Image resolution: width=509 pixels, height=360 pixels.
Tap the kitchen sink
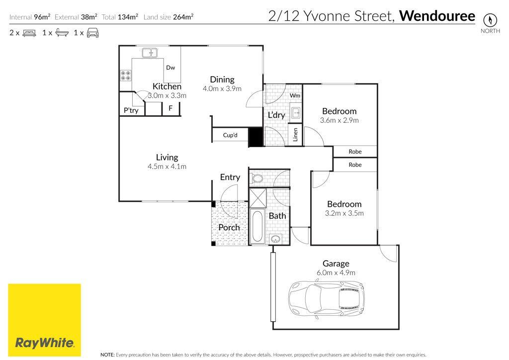coord(149,52)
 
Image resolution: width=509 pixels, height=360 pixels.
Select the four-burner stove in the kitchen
coord(126,76)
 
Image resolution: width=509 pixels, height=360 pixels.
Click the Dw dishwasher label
coord(170,68)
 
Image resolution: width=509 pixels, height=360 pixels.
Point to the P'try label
coord(131,110)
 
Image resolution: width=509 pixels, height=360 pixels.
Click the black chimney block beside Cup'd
coord(255,137)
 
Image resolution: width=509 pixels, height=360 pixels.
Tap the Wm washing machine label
coord(295,95)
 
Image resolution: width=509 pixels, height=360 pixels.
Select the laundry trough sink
coord(296,112)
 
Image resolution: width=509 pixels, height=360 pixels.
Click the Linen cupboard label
coord(295,134)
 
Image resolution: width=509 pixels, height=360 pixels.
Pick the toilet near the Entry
coord(257,178)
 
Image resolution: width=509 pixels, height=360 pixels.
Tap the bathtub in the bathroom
coord(257,227)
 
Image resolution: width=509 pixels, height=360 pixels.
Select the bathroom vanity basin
coord(276,239)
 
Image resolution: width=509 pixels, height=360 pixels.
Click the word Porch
coord(229,227)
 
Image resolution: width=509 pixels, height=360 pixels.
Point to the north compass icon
coord(491,20)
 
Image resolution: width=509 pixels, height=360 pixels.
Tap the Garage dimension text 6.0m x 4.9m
coord(336,272)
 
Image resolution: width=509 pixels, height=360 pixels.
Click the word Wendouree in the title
coord(437,16)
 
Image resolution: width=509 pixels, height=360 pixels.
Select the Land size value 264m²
coord(183,17)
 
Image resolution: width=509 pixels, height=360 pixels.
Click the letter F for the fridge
coord(170,108)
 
